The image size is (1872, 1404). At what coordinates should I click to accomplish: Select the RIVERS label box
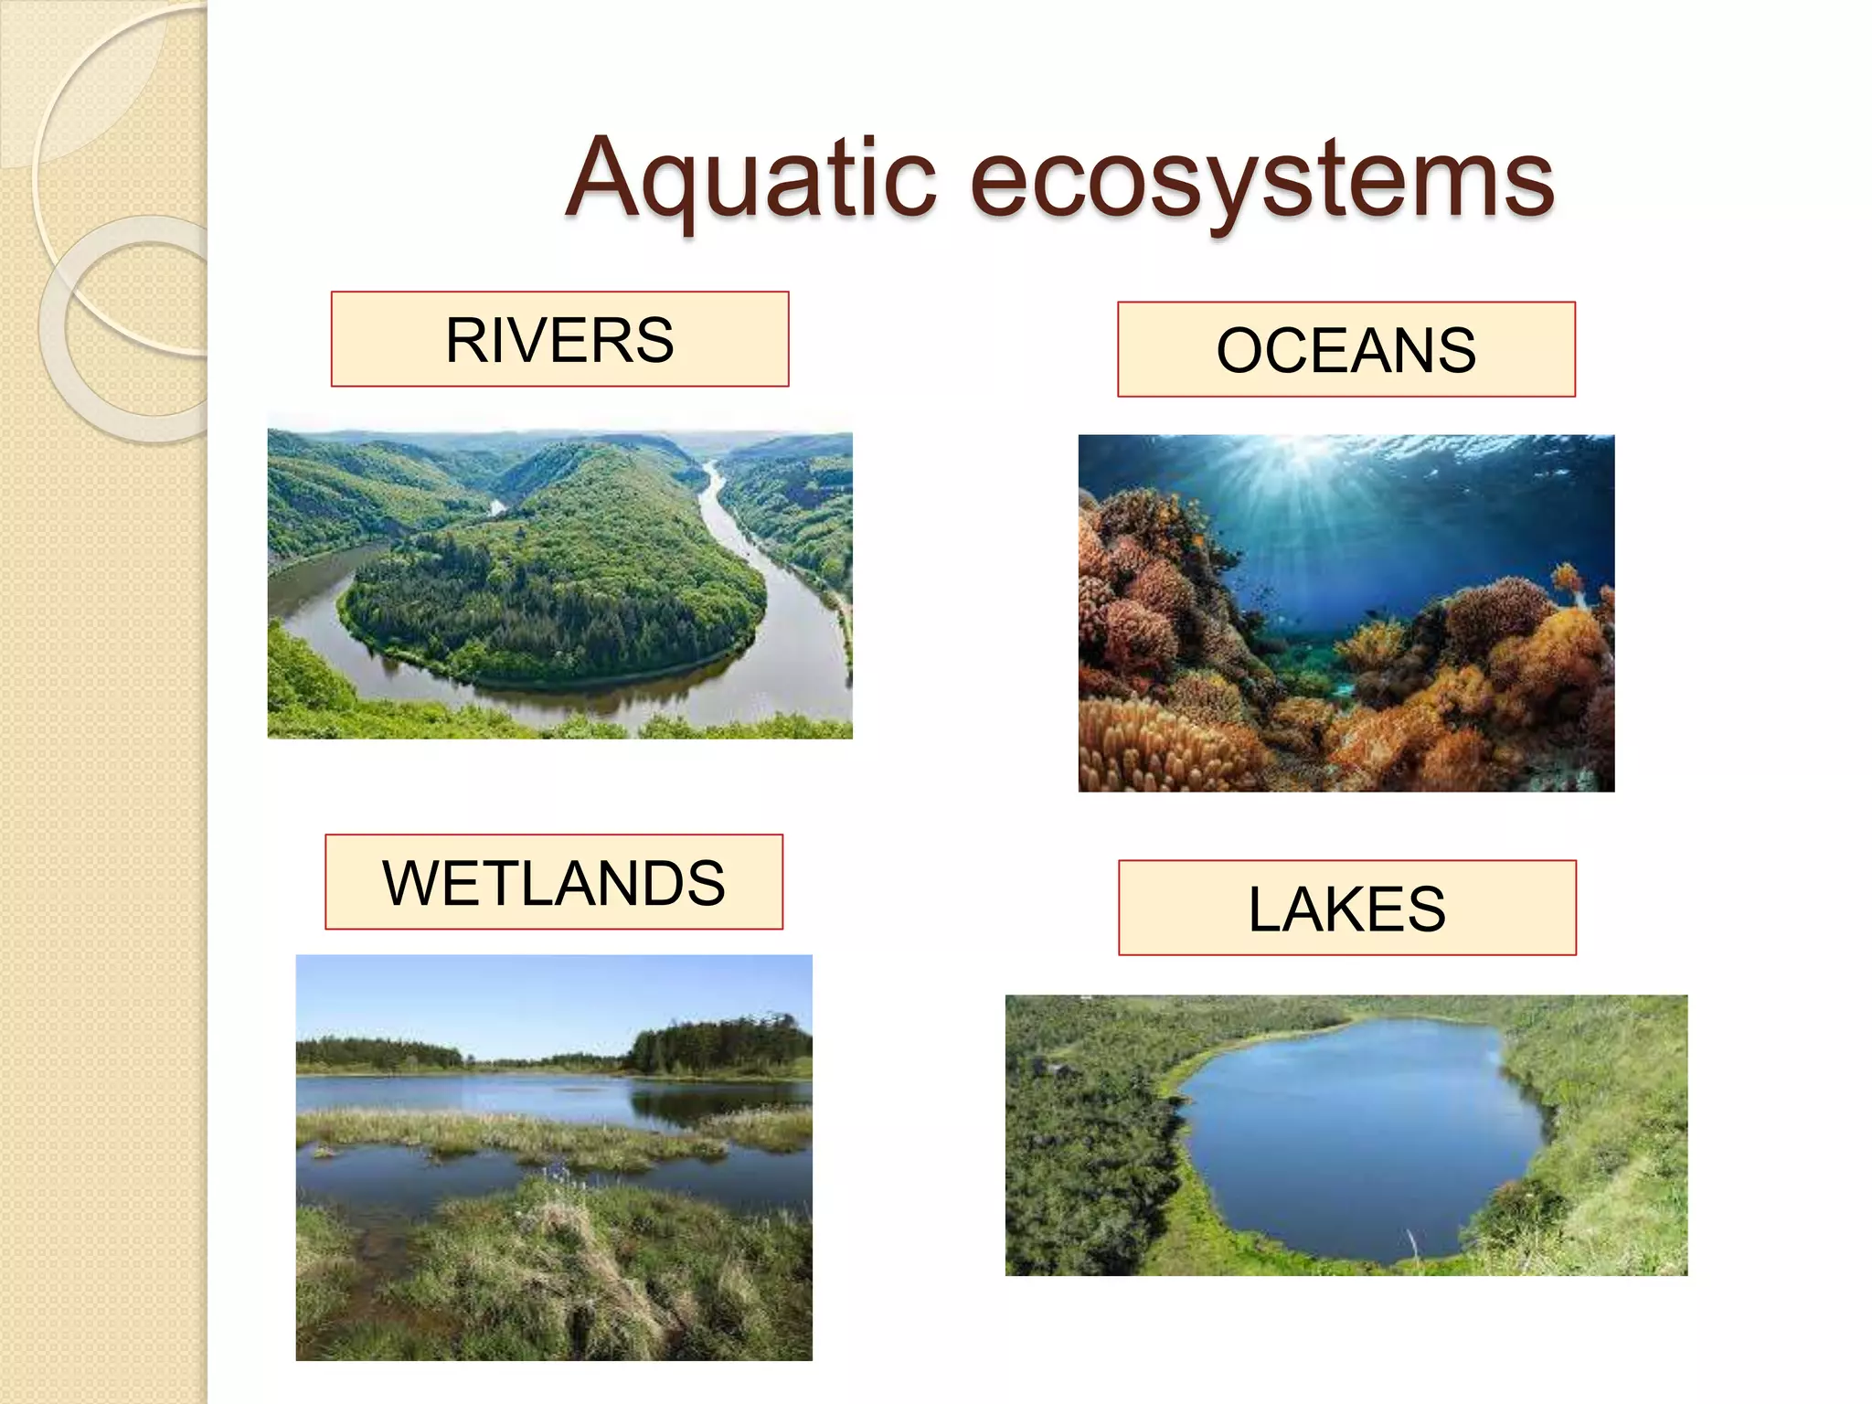(559, 339)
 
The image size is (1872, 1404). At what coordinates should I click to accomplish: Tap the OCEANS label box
(1345, 349)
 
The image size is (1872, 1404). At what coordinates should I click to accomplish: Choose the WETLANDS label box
(554, 882)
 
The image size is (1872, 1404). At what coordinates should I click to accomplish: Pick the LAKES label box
(1346, 908)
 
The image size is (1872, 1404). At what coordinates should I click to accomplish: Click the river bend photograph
(559, 585)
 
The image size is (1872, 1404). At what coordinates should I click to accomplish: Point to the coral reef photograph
(1345, 612)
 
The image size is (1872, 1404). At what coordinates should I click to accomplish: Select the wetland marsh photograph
(554, 1157)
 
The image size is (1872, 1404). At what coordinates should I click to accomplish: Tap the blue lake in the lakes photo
(1353, 1133)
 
